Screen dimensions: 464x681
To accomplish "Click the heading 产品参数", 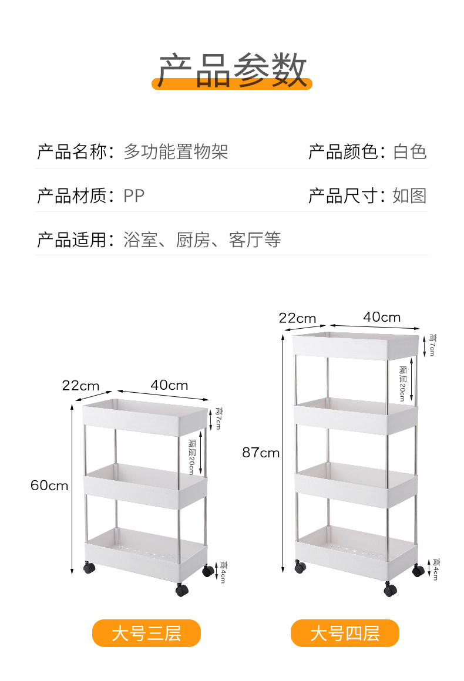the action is pyautogui.click(x=232, y=70).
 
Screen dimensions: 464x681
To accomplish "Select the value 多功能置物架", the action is pyautogui.click(x=176, y=152).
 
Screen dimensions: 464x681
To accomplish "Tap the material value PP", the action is pyautogui.click(x=134, y=195).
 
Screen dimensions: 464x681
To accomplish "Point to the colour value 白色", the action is pyautogui.click(x=409, y=152).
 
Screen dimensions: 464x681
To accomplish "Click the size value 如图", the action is pyautogui.click(x=409, y=195).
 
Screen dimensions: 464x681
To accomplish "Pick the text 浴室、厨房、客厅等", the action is pyautogui.click(x=202, y=240).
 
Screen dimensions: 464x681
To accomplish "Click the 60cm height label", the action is pyautogui.click(x=49, y=486).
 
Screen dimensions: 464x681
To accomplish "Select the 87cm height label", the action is pyautogui.click(x=261, y=453).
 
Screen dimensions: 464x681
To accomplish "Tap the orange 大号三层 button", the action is pyautogui.click(x=146, y=633).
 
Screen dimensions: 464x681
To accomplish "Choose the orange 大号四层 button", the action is pyautogui.click(x=345, y=633).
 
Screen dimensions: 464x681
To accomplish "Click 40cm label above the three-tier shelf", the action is pyautogui.click(x=169, y=385).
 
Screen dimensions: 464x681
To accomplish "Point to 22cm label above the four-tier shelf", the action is pyautogui.click(x=297, y=318).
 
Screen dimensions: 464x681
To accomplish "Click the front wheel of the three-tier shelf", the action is pyautogui.click(x=182, y=590).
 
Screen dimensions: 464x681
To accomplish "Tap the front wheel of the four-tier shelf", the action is pyautogui.click(x=391, y=589).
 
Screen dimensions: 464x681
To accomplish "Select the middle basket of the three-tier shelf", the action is pyautogui.click(x=145, y=486).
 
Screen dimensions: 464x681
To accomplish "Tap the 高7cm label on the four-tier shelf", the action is pyautogui.click(x=432, y=345).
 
